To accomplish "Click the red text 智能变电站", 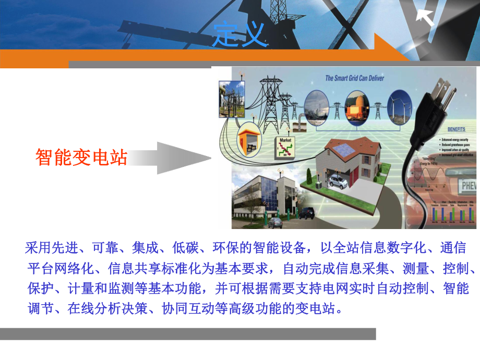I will pos(81,157).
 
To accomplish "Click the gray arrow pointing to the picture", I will pos(172,157).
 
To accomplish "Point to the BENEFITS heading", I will pos(455,128).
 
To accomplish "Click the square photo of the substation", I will pos(231,98).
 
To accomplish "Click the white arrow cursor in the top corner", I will pos(425,17).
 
